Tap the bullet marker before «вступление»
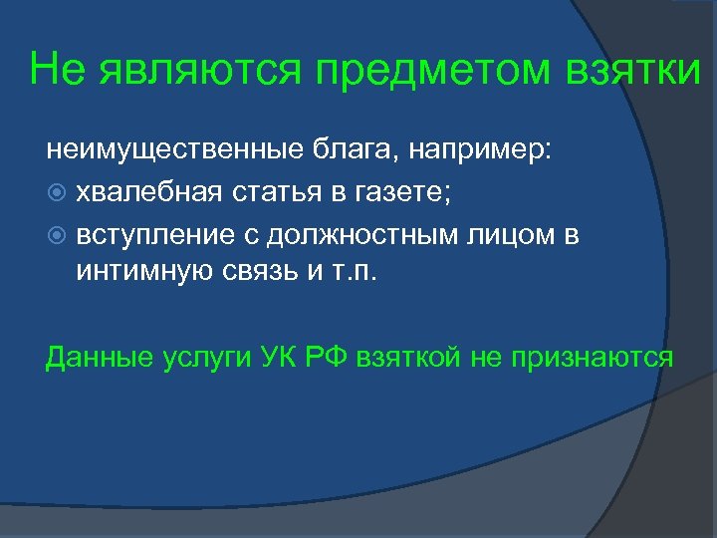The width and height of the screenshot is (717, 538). pyautogui.click(x=56, y=236)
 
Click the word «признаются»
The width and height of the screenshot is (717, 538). pyautogui.click(x=592, y=358)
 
